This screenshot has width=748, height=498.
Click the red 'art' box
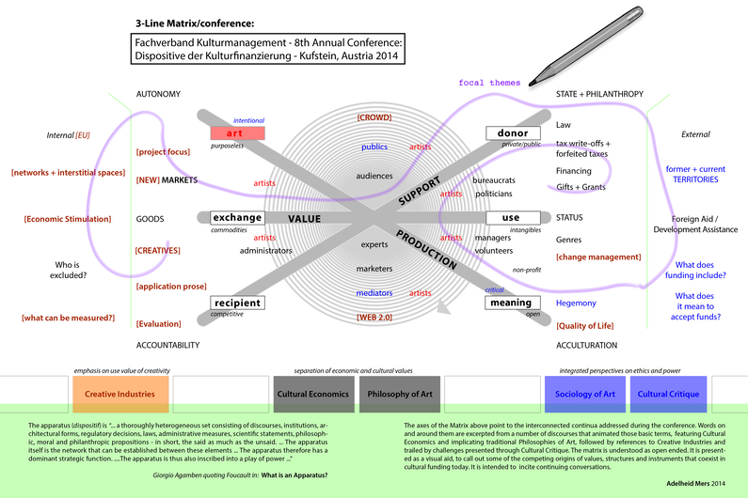[238, 133]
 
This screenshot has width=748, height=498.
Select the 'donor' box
[513, 133]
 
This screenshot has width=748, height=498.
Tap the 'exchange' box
[237, 218]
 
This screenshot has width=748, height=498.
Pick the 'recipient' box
[236, 303]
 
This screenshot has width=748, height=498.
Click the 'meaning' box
[513, 303]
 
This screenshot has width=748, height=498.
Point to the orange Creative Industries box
[120, 394]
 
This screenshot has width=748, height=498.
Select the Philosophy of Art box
[399, 394]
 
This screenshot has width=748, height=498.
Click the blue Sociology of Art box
[584, 394]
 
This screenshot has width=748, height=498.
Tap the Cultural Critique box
[667, 394]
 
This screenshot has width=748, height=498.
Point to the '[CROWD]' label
[374, 117]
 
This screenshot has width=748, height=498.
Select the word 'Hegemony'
[576, 303]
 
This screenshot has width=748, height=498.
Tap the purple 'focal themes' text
[489, 83]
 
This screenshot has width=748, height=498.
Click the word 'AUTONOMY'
[158, 95]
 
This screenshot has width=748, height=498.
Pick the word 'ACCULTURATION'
[586, 345]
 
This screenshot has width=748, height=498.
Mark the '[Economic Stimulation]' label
[68, 219]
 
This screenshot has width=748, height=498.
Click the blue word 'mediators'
[374, 293]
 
